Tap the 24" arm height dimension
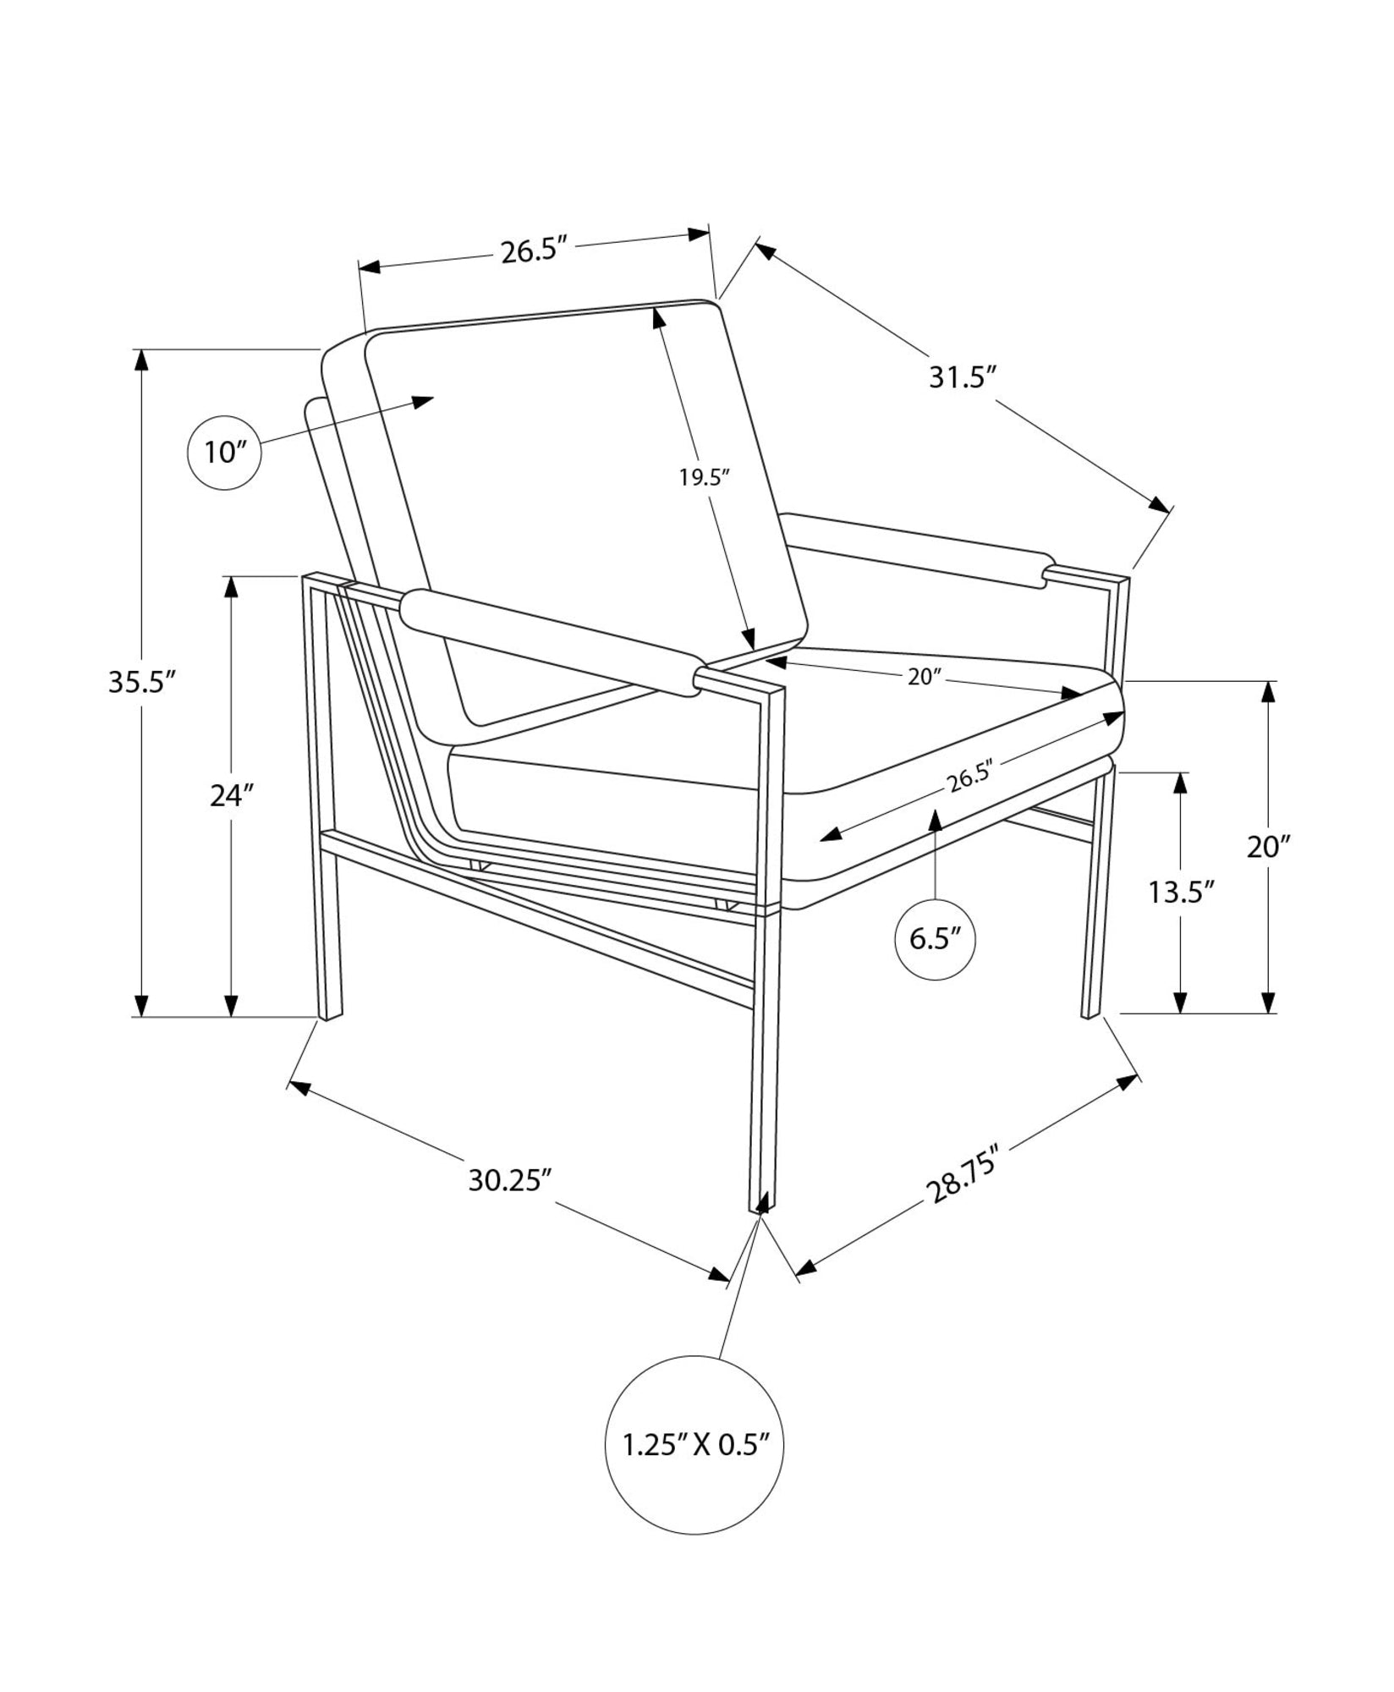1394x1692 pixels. [x=232, y=796]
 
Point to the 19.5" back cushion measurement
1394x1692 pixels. [x=704, y=478]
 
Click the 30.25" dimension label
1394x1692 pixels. [x=510, y=1180]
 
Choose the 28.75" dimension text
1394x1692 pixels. [x=963, y=1173]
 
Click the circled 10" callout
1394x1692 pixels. [x=224, y=453]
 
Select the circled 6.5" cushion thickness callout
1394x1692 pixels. [x=935, y=941]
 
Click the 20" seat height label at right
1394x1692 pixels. [x=1268, y=847]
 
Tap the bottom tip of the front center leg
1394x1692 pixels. [x=759, y=1211]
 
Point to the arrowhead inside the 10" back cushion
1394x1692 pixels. [x=422, y=401]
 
